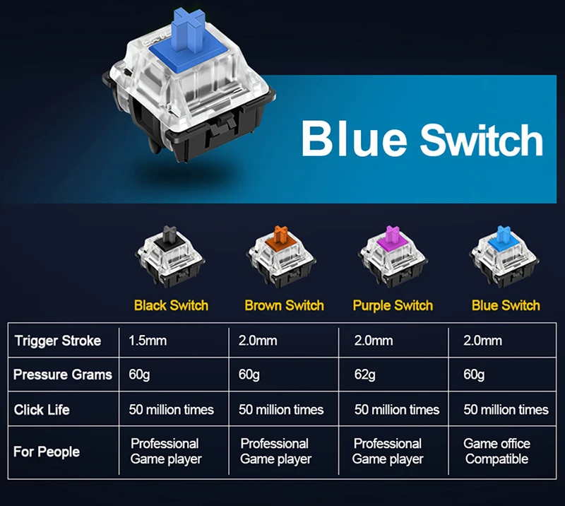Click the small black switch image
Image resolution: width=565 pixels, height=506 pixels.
click(x=171, y=257)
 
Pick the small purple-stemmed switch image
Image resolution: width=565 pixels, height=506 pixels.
click(x=393, y=257)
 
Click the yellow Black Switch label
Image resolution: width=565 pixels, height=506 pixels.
click(x=171, y=305)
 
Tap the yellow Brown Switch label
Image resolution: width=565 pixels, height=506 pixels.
click(x=284, y=305)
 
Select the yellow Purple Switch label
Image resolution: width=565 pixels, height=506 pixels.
click(x=393, y=305)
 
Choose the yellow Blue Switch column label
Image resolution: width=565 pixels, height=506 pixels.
click(x=506, y=305)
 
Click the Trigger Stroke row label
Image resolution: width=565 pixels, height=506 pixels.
click(x=58, y=341)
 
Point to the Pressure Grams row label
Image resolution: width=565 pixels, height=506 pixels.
click(x=62, y=375)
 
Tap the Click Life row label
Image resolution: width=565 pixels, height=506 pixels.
click(x=42, y=410)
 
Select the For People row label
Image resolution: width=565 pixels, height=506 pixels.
click(x=47, y=452)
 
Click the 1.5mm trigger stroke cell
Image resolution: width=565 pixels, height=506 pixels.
click(x=148, y=341)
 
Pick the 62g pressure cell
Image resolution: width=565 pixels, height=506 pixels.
click(x=365, y=375)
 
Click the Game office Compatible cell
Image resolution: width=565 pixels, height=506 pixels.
click(x=496, y=452)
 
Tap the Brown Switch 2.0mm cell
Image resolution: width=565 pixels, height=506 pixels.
click(x=258, y=341)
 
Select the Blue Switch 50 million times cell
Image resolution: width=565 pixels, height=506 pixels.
click(x=506, y=410)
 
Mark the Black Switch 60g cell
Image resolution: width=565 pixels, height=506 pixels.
click(x=139, y=375)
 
